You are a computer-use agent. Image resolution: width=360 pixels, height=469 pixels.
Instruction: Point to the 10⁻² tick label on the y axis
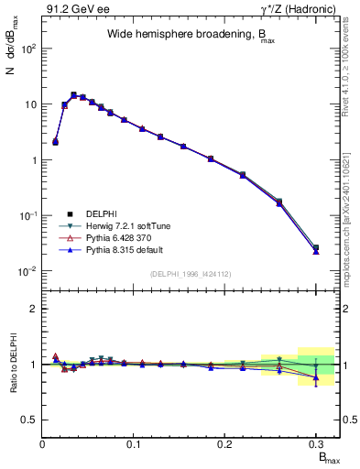[x=27, y=271]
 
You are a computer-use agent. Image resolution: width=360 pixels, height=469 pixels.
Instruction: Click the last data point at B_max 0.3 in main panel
[x=316, y=248]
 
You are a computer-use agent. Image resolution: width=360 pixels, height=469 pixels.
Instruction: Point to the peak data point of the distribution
[x=73, y=94]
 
